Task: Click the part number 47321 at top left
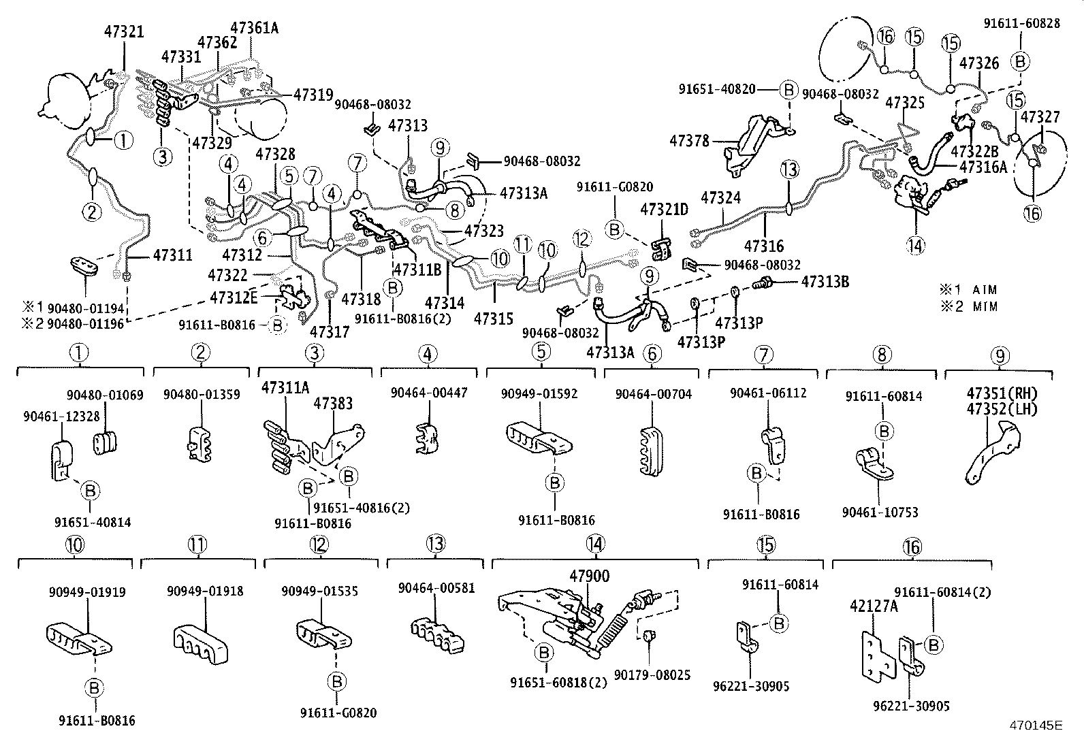[125, 31]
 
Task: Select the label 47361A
[254, 28]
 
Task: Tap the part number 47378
[689, 142]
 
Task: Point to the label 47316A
[983, 166]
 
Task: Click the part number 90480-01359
[202, 394]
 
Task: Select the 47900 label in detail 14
[589, 576]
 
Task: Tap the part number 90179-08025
[652, 674]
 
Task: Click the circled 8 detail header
[882, 354]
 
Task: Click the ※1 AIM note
[968, 290]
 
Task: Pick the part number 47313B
[825, 282]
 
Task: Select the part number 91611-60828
[1021, 23]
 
